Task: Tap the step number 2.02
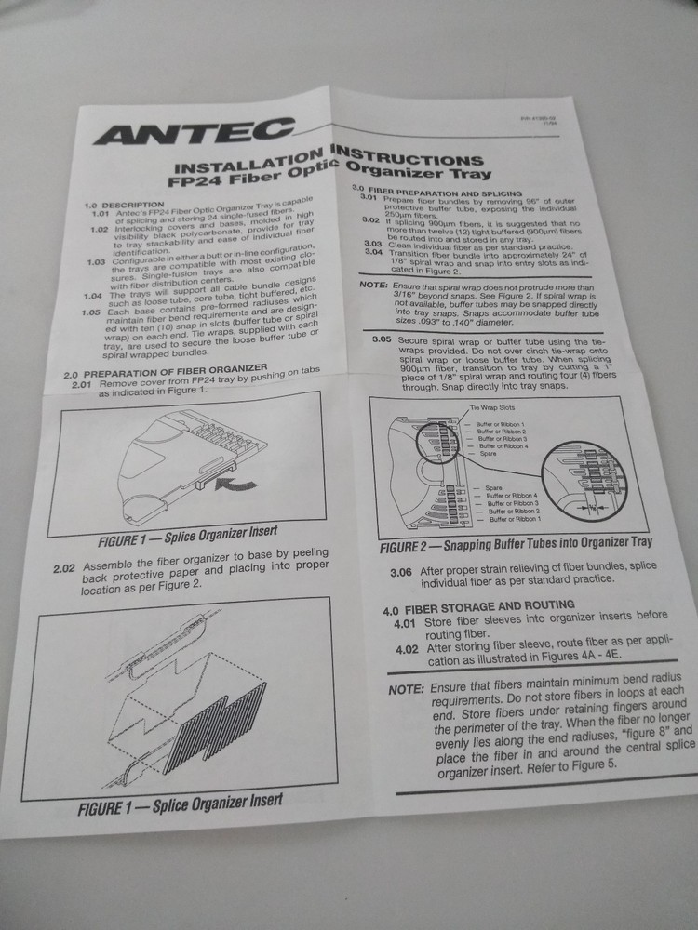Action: pyautogui.click(x=66, y=566)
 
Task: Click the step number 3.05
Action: pyautogui.click(x=381, y=340)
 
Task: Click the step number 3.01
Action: pyautogui.click(x=369, y=199)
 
